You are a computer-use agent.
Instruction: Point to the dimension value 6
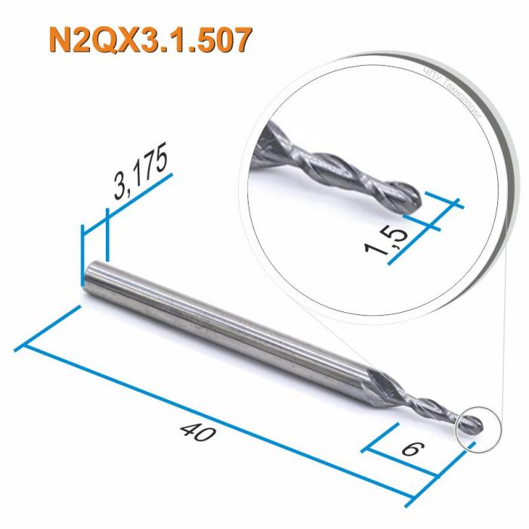click(x=410, y=450)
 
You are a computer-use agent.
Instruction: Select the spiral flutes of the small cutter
click(x=427, y=408)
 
